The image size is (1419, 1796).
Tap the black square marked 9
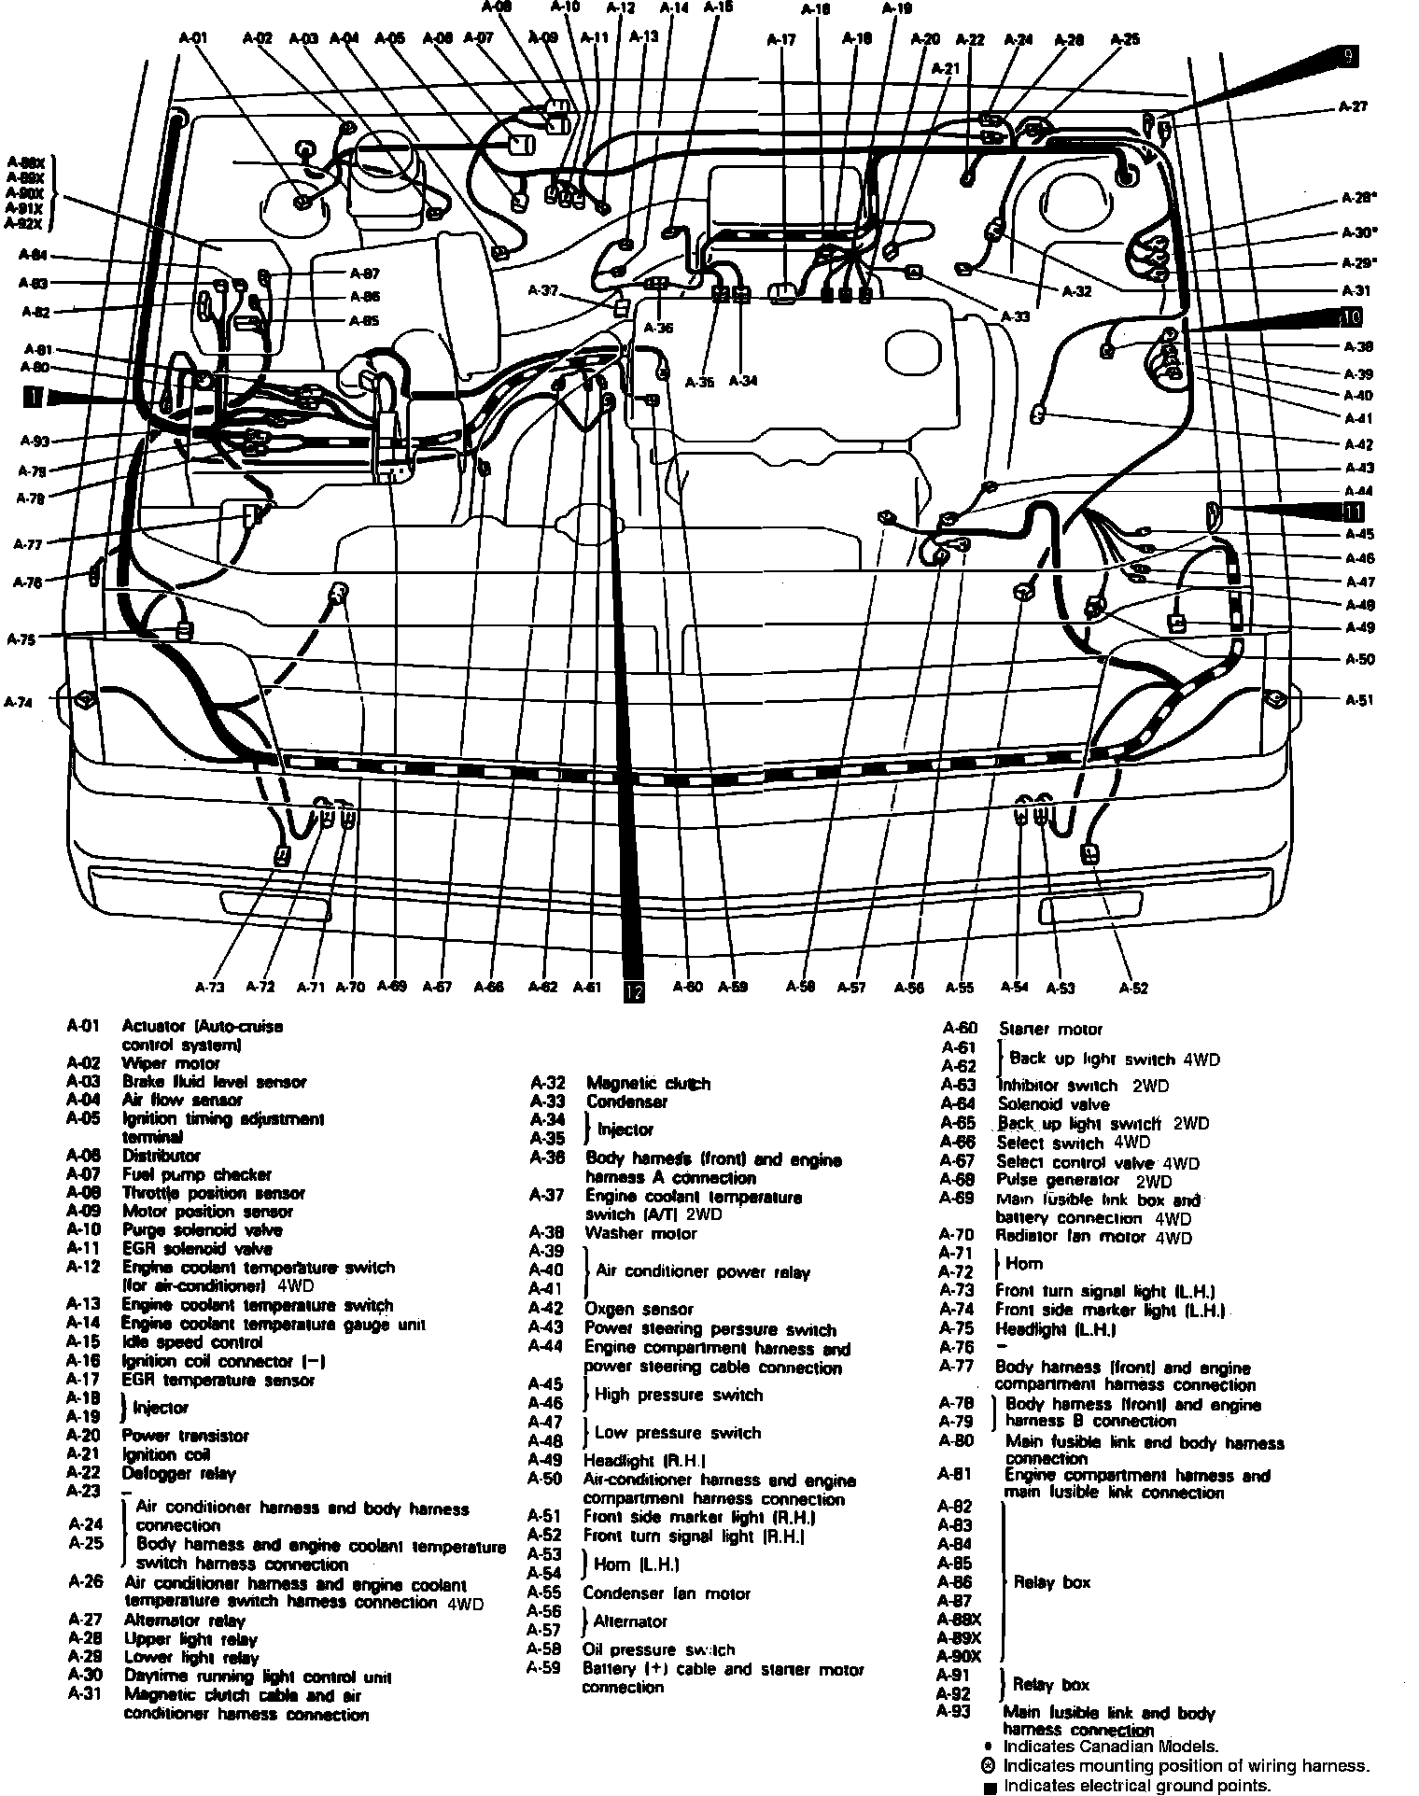(1347, 56)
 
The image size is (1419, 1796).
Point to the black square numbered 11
(1353, 511)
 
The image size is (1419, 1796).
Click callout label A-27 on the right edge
(1353, 106)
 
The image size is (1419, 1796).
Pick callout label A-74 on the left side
(18, 702)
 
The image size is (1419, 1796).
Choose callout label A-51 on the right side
(1359, 699)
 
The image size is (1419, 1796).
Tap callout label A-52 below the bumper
(1133, 988)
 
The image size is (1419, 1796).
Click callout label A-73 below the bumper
(210, 986)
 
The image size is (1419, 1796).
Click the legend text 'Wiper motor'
(171, 1062)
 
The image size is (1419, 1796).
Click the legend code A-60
(959, 1029)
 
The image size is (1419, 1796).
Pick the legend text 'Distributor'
(162, 1156)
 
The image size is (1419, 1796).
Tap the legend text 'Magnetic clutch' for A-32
(648, 1083)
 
